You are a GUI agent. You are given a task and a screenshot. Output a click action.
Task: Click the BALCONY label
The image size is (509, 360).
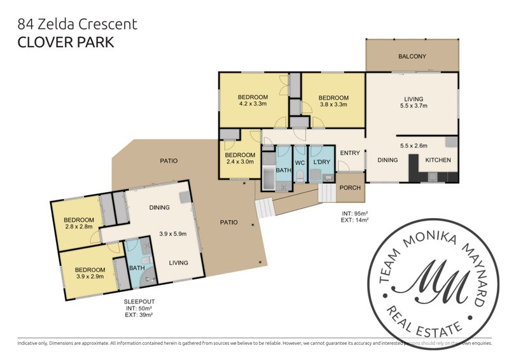click(x=412, y=57)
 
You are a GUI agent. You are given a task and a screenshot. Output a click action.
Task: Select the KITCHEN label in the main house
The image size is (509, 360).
click(x=438, y=160)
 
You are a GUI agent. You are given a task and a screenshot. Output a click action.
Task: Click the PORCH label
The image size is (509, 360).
click(x=350, y=188)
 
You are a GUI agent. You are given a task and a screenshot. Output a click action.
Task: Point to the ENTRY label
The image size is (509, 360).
click(x=350, y=153)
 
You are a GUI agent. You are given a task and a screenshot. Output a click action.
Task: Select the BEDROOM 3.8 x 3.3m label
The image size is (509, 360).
click(x=333, y=101)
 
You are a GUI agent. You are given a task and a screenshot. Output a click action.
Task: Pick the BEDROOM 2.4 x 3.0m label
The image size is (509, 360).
click(x=240, y=158)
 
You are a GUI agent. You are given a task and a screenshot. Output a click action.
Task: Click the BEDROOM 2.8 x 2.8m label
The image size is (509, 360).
click(x=78, y=223)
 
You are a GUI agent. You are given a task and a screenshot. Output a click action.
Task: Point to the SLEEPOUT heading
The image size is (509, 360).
click(x=139, y=301)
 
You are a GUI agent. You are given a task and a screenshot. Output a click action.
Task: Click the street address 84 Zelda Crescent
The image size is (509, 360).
click(x=78, y=24)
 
